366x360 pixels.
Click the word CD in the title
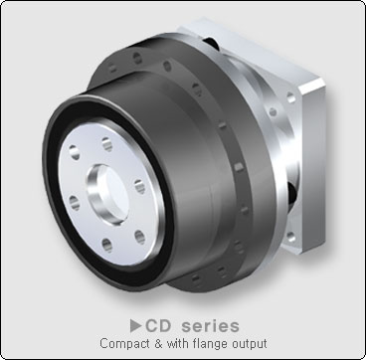pos(158,325)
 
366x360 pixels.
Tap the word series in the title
pos(210,325)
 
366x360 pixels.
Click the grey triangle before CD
pos(135,325)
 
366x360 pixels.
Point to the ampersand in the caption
pos(158,343)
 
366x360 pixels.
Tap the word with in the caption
pos(179,343)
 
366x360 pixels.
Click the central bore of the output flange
pos(107,195)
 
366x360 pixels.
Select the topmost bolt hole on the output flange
pos(107,144)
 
